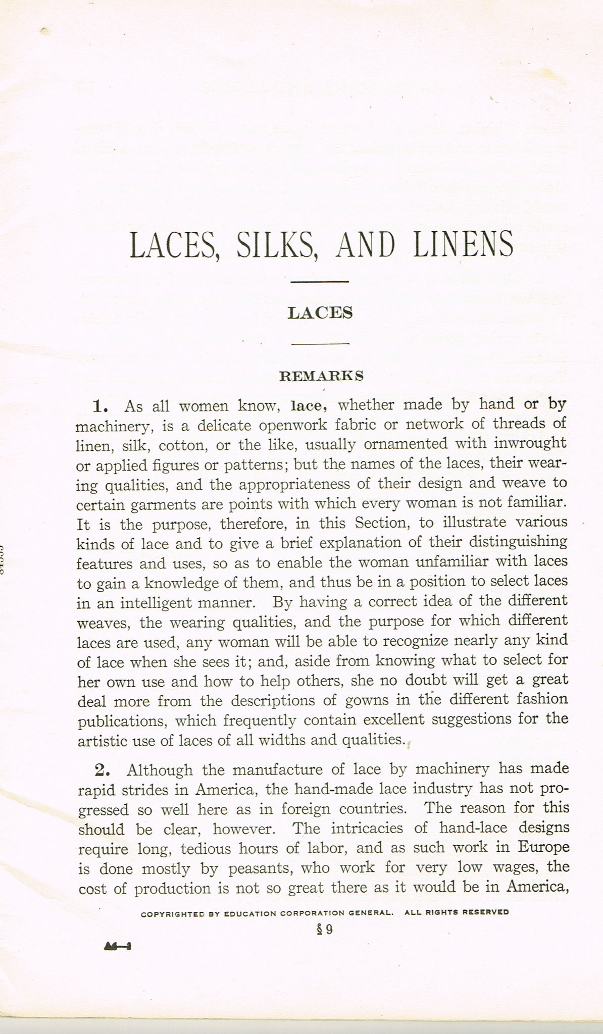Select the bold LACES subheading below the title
point(320,313)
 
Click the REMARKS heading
point(321,376)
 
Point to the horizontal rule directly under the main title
point(320,281)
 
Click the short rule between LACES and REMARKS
point(320,344)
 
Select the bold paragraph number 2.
point(103,770)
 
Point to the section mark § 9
point(325,929)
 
